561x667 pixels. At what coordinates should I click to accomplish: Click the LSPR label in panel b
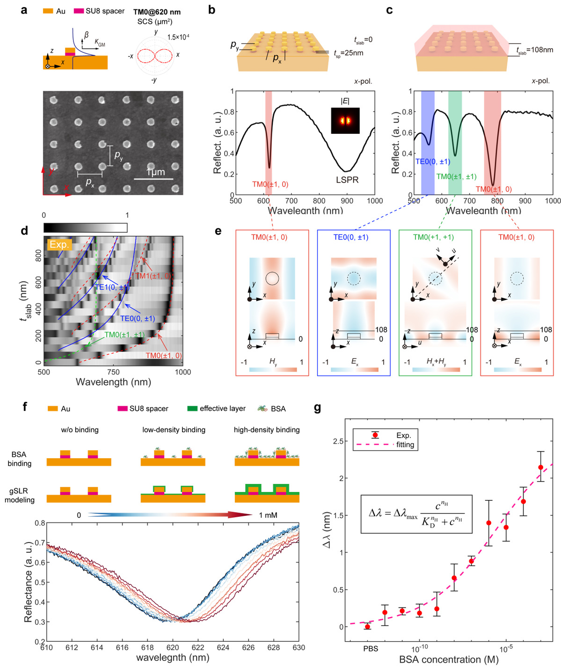coord(347,180)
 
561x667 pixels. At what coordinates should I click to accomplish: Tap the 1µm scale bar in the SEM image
coord(153,178)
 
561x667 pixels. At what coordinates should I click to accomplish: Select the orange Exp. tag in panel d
coord(59,244)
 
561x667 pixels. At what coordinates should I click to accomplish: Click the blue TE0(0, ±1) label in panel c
coord(433,162)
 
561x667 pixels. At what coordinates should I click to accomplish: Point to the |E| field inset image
coord(345,121)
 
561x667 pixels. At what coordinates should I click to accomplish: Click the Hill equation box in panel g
coord(416,513)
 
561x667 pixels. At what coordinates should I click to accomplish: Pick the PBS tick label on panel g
coord(371,649)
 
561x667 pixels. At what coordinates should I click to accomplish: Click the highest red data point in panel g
coord(541,467)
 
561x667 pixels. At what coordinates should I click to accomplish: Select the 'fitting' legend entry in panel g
coord(405,445)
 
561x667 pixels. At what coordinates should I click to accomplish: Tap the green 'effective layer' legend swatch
coord(192,409)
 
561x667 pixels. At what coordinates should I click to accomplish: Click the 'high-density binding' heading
coord(267,430)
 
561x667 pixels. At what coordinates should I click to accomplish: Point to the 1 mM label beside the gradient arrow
coord(268,515)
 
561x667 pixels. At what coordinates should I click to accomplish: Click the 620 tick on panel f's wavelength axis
coord(173,647)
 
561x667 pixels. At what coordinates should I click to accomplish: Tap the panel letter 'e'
coord(218,230)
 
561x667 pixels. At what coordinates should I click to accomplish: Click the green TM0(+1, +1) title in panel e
coord(433,237)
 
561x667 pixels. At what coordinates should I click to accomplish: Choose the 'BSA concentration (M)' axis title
coord(449,660)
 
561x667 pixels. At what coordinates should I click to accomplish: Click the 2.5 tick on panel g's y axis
coord(338,441)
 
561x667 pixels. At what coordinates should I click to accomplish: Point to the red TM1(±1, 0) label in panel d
coord(152,276)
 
